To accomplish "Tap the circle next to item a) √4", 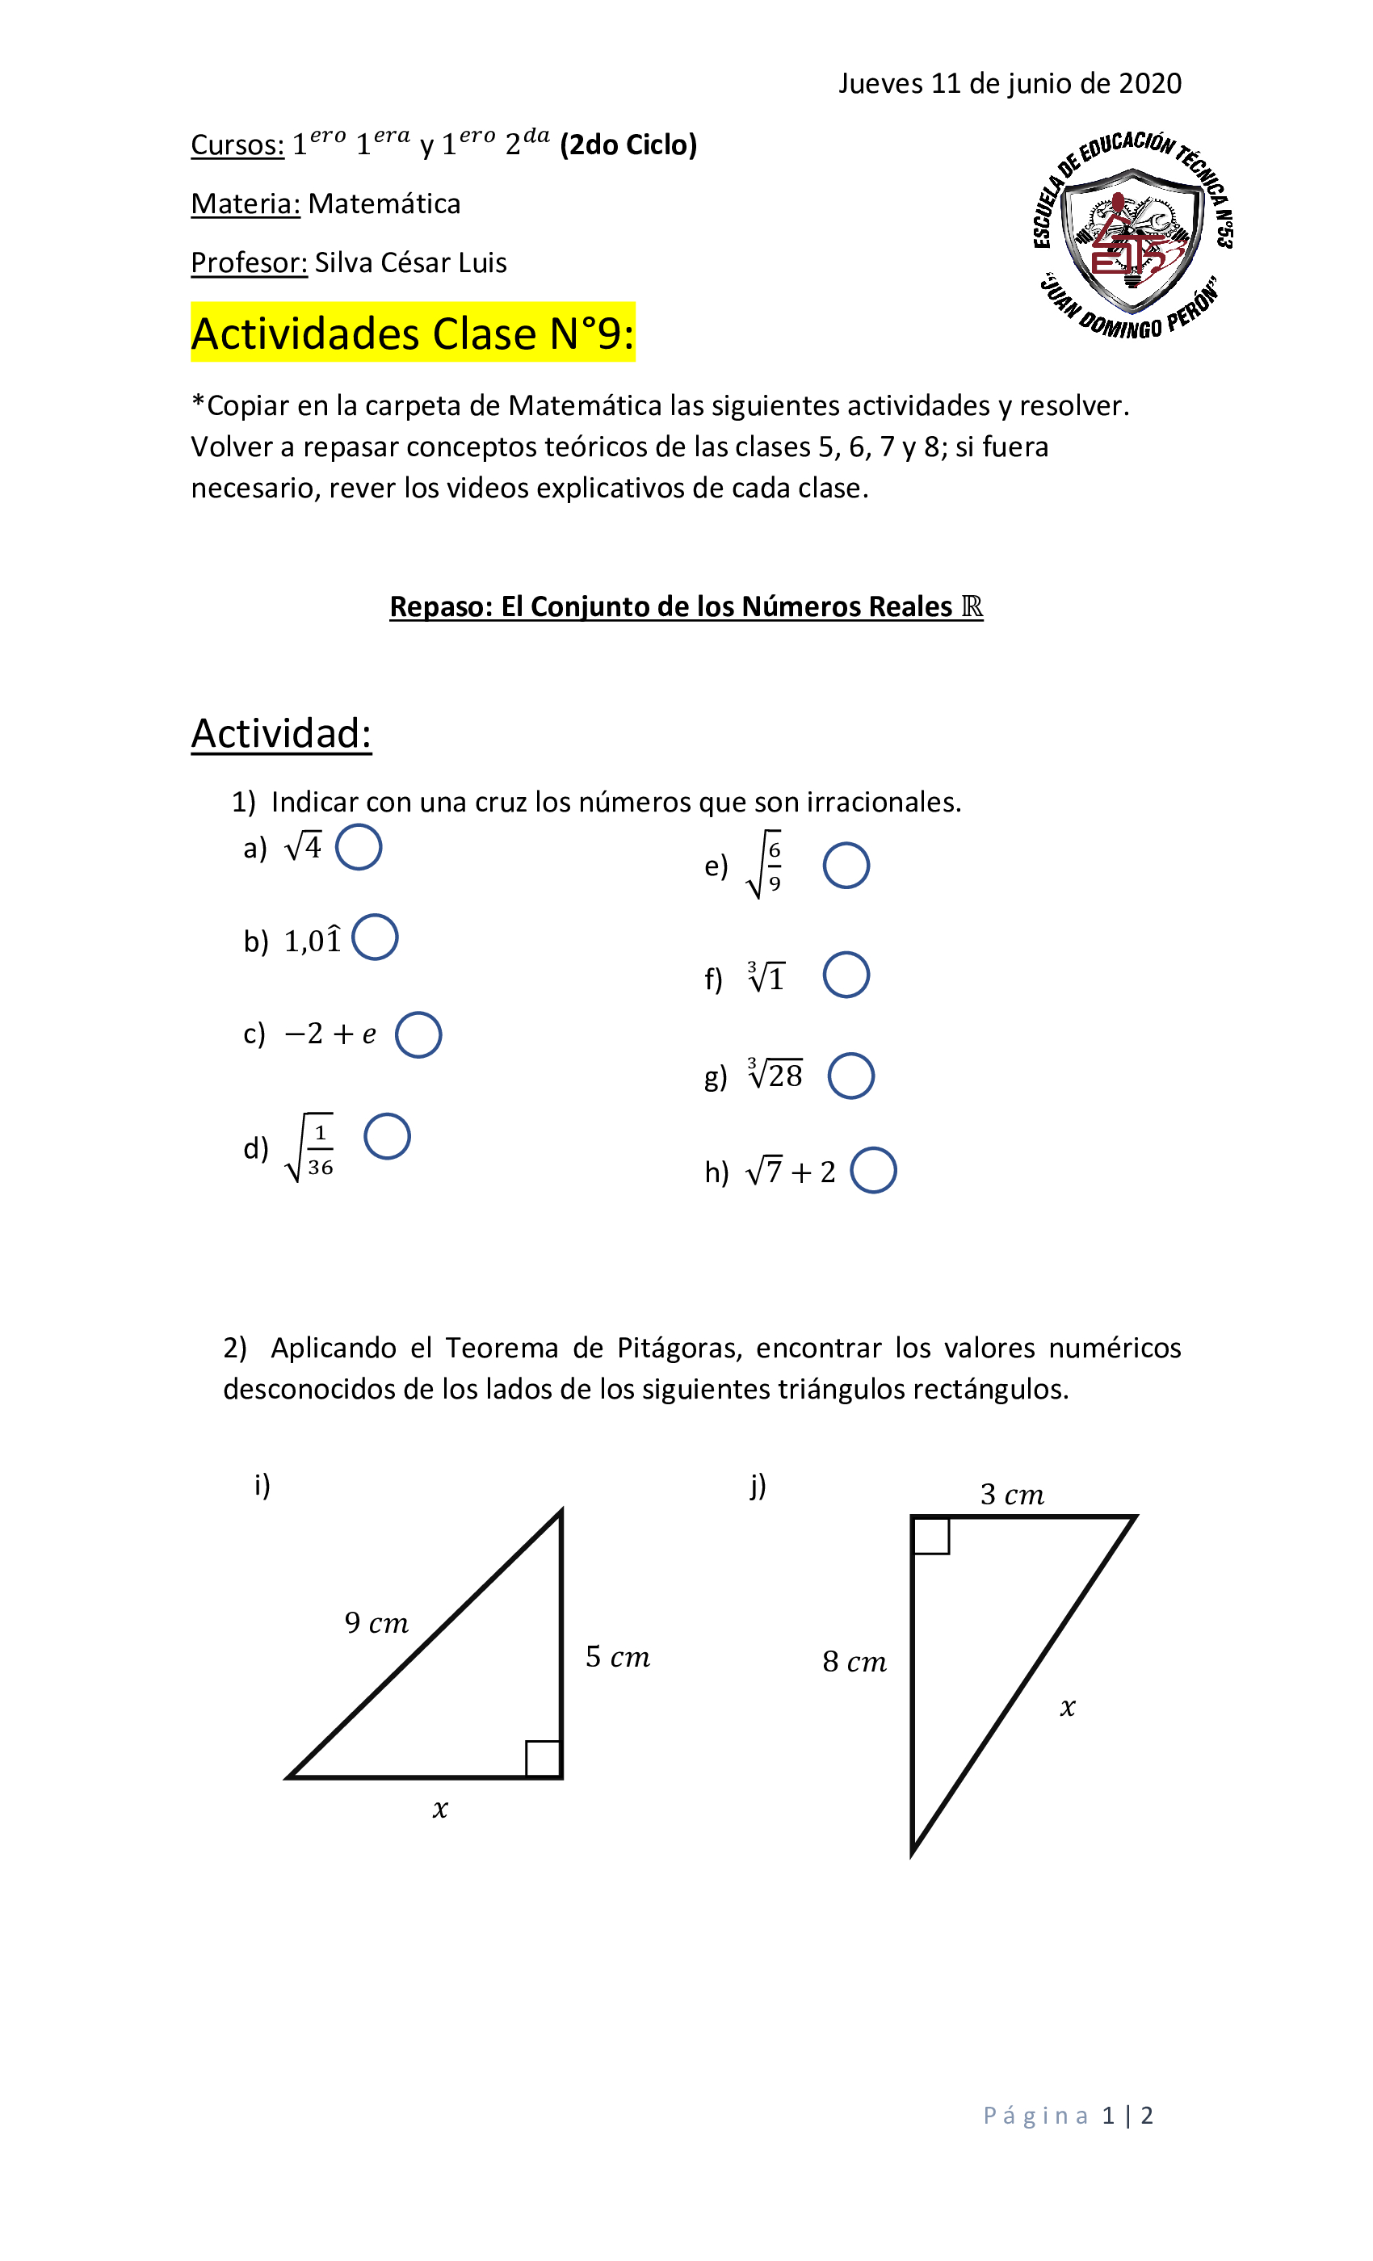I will click(x=358, y=847).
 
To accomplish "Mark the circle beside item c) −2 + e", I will click(x=418, y=1035).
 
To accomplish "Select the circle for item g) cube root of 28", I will click(x=850, y=1076).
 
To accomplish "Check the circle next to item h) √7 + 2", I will click(x=872, y=1170).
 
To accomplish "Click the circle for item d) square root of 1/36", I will click(x=386, y=1136).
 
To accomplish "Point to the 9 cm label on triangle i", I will click(x=376, y=1622).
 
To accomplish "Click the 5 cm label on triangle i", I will click(x=617, y=1657).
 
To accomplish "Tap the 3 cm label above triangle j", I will click(x=1011, y=1495).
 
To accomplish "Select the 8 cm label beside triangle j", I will click(x=854, y=1662).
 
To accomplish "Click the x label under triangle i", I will click(x=439, y=1809).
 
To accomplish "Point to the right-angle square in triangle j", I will click(x=930, y=1535).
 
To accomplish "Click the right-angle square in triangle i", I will click(x=543, y=1758).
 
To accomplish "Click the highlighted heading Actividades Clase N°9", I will click(x=412, y=333).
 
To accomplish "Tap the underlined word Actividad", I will click(x=281, y=733).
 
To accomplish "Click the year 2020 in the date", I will click(x=1149, y=83).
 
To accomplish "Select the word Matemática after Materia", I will click(x=384, y=203).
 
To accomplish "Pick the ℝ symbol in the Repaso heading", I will click(x=971, y=606).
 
